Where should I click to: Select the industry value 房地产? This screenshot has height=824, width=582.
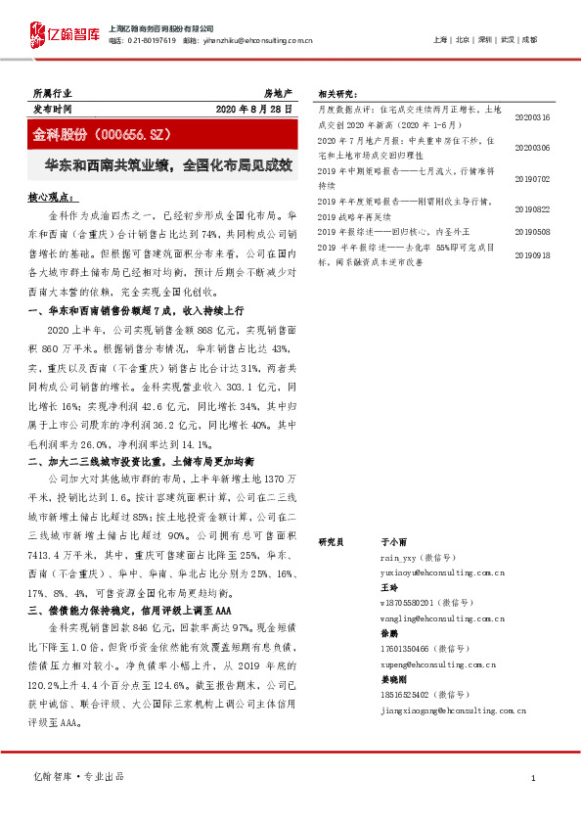[x=278, y=91]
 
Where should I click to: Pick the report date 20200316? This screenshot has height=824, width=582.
[x=532, y=117]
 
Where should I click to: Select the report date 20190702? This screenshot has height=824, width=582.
[x=532, y=179]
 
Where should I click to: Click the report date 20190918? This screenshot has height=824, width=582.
[x=532, y=254]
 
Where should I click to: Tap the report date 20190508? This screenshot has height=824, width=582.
[x=532, y=232]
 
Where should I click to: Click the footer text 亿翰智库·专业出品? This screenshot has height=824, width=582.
[x=79, y=777]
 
